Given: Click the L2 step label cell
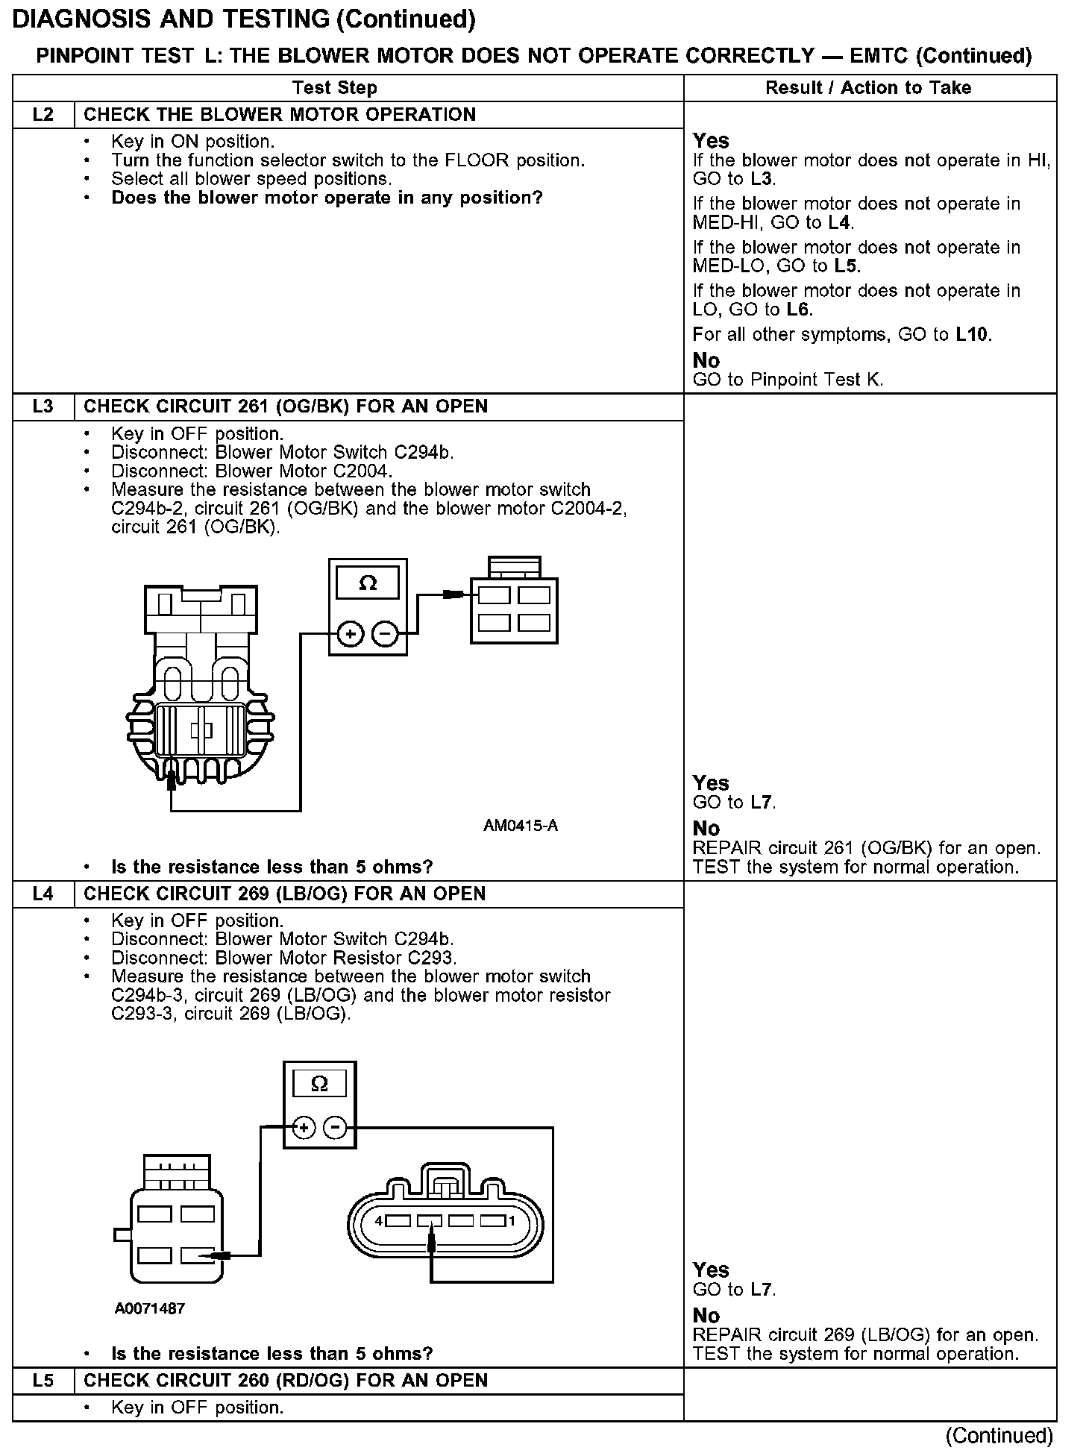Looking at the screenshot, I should (x=43, y=115).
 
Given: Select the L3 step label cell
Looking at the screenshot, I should (x=43, y=407).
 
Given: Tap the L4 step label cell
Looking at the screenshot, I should (x=43, y=894).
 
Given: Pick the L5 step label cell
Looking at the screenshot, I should (x=43, y=1381).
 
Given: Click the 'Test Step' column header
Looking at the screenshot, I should (x=335, y=88).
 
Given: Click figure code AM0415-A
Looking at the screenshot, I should (x=521, y=826).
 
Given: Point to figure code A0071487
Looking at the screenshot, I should (x=150, y=1308).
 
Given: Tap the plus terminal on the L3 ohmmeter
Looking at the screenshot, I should (x=351, y=635).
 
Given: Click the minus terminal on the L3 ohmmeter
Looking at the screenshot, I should (x=385, y=635).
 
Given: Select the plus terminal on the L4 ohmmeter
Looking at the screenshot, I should (x=303, y=1127).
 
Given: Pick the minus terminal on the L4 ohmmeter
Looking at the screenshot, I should (x=336, y=1127).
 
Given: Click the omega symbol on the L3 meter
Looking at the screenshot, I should (x=368, y=583).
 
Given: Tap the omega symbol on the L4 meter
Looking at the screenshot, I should (x=319, y=1084).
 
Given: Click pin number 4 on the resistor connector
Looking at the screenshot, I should (x=379, y=1221).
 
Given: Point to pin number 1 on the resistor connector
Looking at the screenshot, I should (x=512, y=1221).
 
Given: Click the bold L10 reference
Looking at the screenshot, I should (x=973, y=335).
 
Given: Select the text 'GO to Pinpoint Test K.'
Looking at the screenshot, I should (x=788, y=380).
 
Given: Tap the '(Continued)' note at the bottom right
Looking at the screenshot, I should (x=999, y=1435).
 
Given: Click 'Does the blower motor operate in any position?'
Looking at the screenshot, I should (x=327, y=198).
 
